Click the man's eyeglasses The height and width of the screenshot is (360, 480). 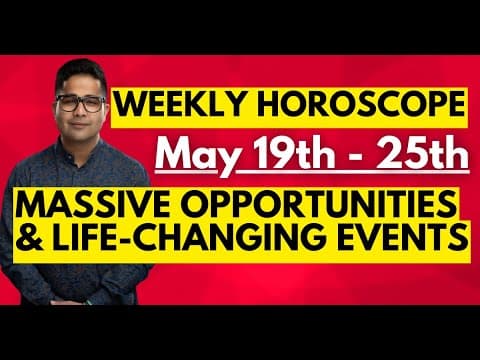click(x=79, y=104)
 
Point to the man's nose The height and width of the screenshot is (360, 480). click(x=80, y=113)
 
